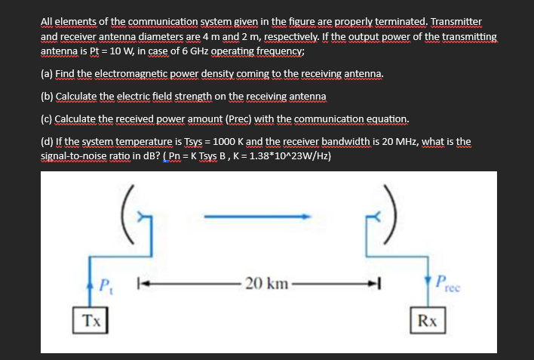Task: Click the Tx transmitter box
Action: pyautogui.click(x=89, y=320)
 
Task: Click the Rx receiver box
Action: pyautogui.click(x=428, y=320)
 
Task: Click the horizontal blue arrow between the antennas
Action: pyautogui.click(x=261, y=217)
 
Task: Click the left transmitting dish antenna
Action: pyautogui.click(x=131, y=214)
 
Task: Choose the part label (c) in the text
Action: pyautogui.click(x=46, y=119)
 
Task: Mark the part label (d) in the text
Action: pyautogui.click(x=46, y=142)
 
